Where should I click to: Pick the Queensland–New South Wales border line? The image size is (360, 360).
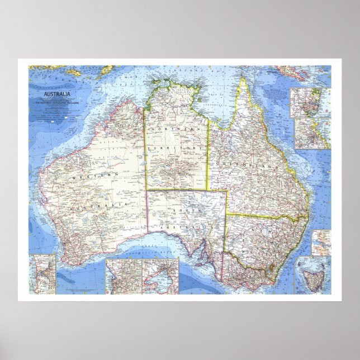(263, 215)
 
